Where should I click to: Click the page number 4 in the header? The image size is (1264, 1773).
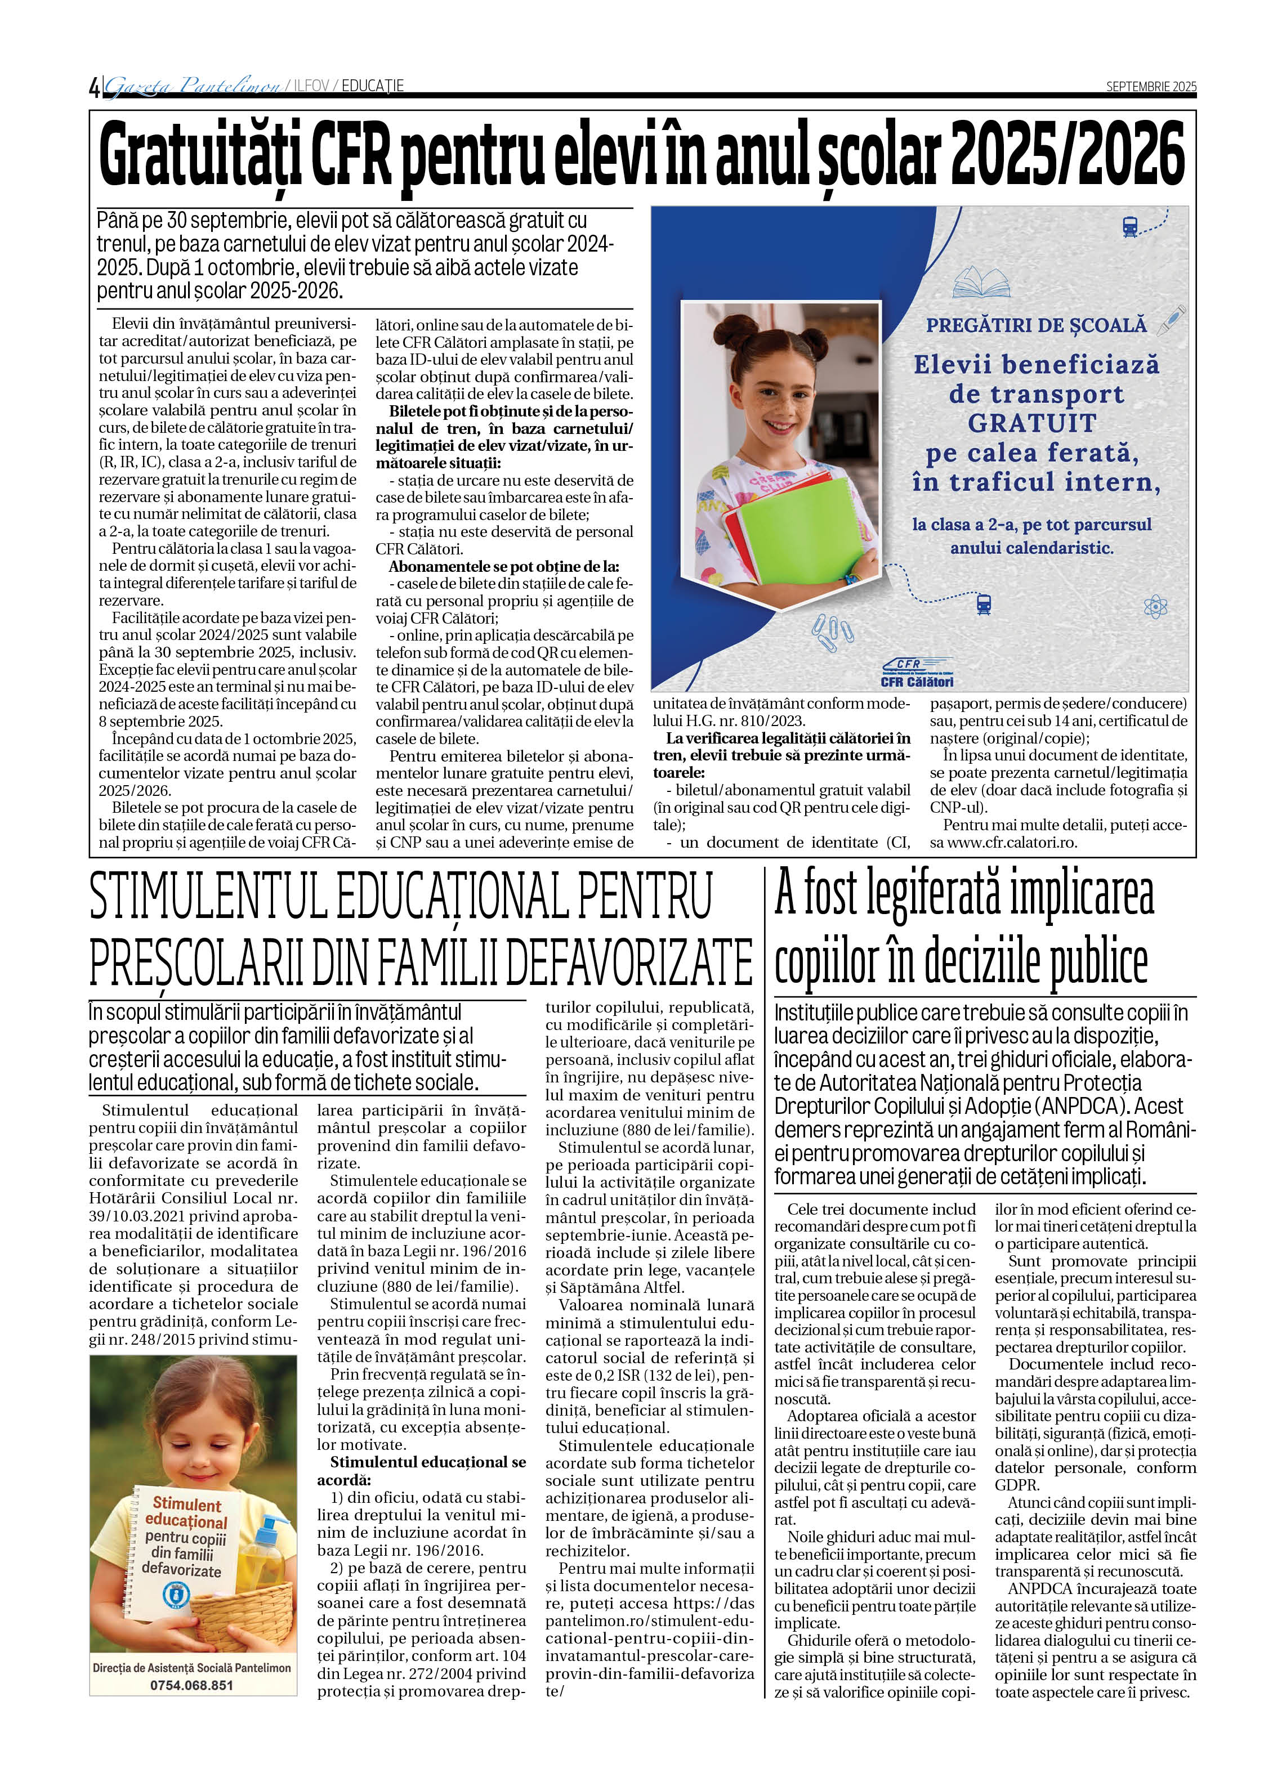coord(94,87)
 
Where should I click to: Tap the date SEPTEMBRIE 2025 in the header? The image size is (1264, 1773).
coord(1150,86)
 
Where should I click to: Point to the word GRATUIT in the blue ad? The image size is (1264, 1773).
coord(1032,423)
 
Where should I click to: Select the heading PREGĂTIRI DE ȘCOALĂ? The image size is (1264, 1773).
coord(1036,325)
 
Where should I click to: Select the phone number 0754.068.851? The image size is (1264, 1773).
coord(191,1685)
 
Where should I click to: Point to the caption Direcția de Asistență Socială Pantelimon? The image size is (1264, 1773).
coord(191,1668)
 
